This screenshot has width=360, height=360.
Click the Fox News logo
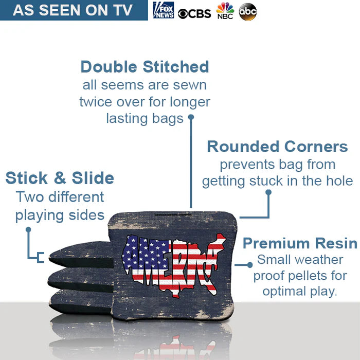coord(164,10)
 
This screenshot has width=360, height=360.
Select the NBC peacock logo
coord(225,11)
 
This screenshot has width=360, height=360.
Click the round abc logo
coord(248,11)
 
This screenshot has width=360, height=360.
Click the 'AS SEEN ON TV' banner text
coord(73,10)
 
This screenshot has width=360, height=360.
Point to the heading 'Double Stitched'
coord(145,67)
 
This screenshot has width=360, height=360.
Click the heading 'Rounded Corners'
coord(277,147)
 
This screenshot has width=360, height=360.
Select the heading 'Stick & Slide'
coord(60,178)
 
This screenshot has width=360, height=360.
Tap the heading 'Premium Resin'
coord(300,243)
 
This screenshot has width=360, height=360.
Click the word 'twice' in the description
coord(95,102)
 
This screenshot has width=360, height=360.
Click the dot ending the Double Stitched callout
coord(191,117)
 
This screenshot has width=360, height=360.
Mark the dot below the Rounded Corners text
coord(268,192)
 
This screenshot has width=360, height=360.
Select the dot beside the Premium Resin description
coord(250,264)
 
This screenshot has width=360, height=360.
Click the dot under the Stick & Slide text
coord(29,229)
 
